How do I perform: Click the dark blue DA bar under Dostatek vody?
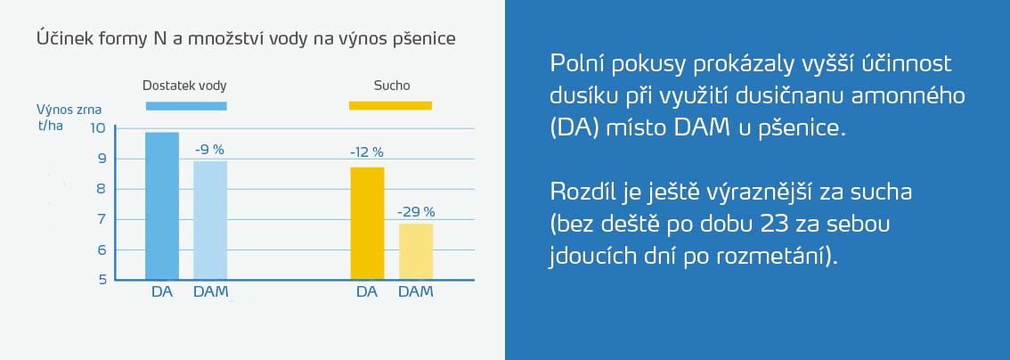(162, 206)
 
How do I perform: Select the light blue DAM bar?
(210, 220)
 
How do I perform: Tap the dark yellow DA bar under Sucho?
(367, 224)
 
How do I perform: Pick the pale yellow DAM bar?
(415, 252)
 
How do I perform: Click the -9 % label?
(210, 150)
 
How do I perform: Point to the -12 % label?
(367, 152)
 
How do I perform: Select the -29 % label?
(415, 212)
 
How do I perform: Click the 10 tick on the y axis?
(97, 128)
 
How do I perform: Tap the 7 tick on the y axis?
(102, 219)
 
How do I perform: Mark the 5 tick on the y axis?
(102, 280)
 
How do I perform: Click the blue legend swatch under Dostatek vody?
(186, 106)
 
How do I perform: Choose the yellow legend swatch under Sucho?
(391, 106)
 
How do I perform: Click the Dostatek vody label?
(184, 86)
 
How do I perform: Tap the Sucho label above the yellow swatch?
(392, 86)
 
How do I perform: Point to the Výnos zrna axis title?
(69, 110)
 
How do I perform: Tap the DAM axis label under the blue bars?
(211, 291)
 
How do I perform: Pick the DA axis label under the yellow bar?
(367, 291)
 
